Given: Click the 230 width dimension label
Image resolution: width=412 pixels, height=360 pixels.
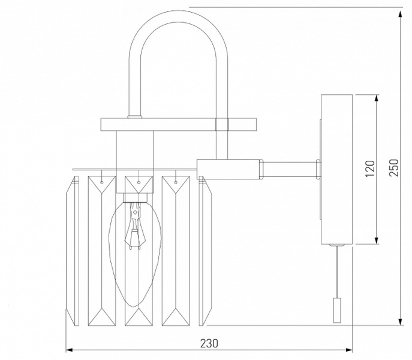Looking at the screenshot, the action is pyautogui.click(x=209, y=343).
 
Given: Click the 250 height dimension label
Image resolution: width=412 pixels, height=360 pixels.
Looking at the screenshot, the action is pyautogui.click(x=394, y=167).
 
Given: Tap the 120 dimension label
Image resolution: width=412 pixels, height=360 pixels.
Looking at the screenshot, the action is pyautogui.click(x=370, y=169).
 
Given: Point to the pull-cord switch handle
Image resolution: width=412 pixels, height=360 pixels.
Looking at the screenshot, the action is pyautogui.click(x=336, y=310).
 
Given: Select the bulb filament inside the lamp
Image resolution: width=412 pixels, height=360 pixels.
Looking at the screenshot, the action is pyautogui.click(x=135, y=226).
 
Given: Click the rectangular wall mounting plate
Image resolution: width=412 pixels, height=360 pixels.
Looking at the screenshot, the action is pyautogui.click(x=336, y=169).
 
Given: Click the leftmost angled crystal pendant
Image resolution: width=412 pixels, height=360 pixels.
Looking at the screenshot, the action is pyautogui.click(x=72, y=251).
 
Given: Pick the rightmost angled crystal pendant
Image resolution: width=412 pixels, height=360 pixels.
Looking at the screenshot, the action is pyautogui.click(x=205, y=251).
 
